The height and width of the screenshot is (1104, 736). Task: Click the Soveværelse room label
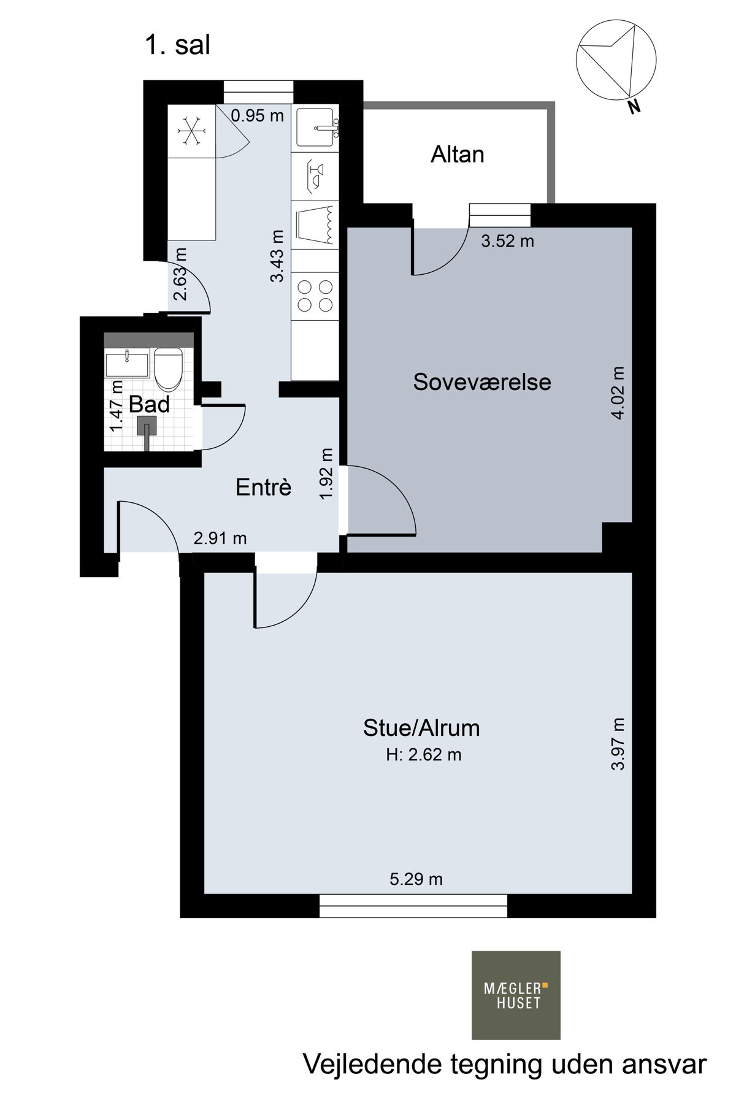(482, 382)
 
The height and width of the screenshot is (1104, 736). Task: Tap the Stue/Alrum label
(421, 728)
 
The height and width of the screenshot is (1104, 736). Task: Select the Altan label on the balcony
(458, 155)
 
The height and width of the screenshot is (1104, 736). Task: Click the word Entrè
(264, 488)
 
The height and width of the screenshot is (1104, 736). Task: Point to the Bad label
(149, 405)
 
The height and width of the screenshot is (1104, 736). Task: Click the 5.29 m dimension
(416, 880)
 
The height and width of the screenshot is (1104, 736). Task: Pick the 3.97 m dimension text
(618, 743)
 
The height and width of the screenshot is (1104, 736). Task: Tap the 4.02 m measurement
(618, 393)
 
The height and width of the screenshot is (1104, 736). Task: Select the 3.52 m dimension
(507, 241)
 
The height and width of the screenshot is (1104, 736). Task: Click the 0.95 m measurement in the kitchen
(258, 115)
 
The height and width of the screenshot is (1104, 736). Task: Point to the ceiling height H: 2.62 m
(424, 755)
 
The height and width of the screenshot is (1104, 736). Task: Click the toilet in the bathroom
(167, 369)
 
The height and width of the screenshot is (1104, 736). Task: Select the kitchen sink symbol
(315, 128)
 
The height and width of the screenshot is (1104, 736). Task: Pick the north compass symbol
(616, 61)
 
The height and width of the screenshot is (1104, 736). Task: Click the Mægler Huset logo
(516, 995)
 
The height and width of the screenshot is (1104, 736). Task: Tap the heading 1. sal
(178, 45)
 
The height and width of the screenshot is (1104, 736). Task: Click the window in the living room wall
(413, 906)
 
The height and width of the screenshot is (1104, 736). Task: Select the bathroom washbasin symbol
(127, 364)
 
